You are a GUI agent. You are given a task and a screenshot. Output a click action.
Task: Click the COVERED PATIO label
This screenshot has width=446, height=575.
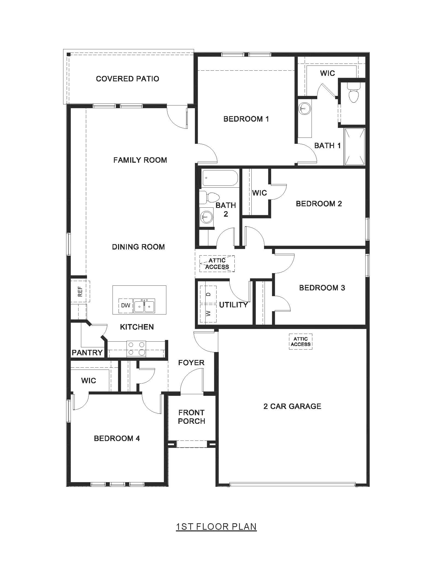[x=127, y=79]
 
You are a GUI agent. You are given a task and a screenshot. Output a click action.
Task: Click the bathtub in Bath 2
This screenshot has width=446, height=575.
[x=219, y=178]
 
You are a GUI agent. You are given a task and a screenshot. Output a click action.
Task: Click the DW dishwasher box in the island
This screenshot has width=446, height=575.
[x=126, y=305]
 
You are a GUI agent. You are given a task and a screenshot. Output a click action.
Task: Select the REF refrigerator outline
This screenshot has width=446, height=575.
[x=80, y=291]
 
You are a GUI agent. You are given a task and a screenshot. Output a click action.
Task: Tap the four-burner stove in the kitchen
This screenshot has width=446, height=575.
[x=136, y=349]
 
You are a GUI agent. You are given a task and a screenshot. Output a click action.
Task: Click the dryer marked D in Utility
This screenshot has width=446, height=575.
[x=208, y=294]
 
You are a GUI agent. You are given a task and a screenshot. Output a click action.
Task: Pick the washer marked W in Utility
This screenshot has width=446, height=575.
[x=208, y=313]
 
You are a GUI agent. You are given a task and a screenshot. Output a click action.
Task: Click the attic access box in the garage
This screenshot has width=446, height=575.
[x=301, y=342]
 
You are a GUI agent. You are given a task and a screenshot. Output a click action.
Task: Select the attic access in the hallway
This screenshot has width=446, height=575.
[x=217, y=264]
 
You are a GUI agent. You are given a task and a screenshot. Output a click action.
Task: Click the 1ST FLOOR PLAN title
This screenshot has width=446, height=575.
[x=216, y=527]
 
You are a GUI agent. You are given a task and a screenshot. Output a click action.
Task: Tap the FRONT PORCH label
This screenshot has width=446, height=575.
[x=191, y=417]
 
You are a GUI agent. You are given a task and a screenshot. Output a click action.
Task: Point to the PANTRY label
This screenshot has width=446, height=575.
[x=87, y=353]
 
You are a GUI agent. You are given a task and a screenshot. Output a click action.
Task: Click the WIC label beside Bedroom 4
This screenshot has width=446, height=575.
[x=88, y=381]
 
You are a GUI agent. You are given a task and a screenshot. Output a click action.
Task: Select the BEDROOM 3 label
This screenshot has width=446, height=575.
[x=322, y=288]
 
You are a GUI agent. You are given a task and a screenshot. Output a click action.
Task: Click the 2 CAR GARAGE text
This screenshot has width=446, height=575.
[x=292, y=406]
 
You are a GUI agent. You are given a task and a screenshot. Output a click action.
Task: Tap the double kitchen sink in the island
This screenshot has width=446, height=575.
[x=144, y=306]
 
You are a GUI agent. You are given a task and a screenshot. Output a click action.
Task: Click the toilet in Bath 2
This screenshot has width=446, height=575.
[x=211, y=197]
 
